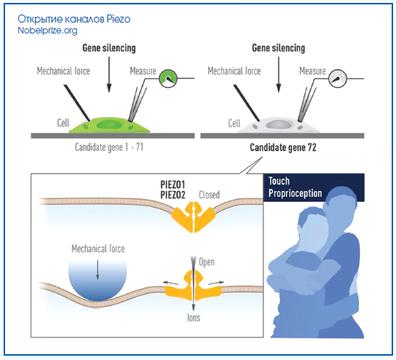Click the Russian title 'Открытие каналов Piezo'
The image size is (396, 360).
(74, 19)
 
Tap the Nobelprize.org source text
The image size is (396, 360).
(47, 31)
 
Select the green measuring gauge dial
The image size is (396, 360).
(168, 79)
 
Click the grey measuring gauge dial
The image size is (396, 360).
(338, 79)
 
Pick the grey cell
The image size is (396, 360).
(279, 125)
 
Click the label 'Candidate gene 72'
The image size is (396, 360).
(283, 148)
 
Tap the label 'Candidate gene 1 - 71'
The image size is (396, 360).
(109, 147)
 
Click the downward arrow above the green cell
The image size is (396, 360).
(109, 75)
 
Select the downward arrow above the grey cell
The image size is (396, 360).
(278, 75)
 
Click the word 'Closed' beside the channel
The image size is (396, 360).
(209, 195)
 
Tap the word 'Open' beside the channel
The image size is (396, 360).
(207, 262)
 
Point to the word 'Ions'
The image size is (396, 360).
(193, 318)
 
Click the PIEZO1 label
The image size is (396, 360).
(173, 185)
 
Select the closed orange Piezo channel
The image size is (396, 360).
(193, 217)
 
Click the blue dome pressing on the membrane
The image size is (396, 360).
(97, 281)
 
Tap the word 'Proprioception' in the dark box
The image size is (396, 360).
(295, 193)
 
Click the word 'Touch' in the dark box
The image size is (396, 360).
(279, 181)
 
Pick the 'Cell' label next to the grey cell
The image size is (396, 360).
(234, 124)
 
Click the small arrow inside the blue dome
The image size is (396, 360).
(98, 270)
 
